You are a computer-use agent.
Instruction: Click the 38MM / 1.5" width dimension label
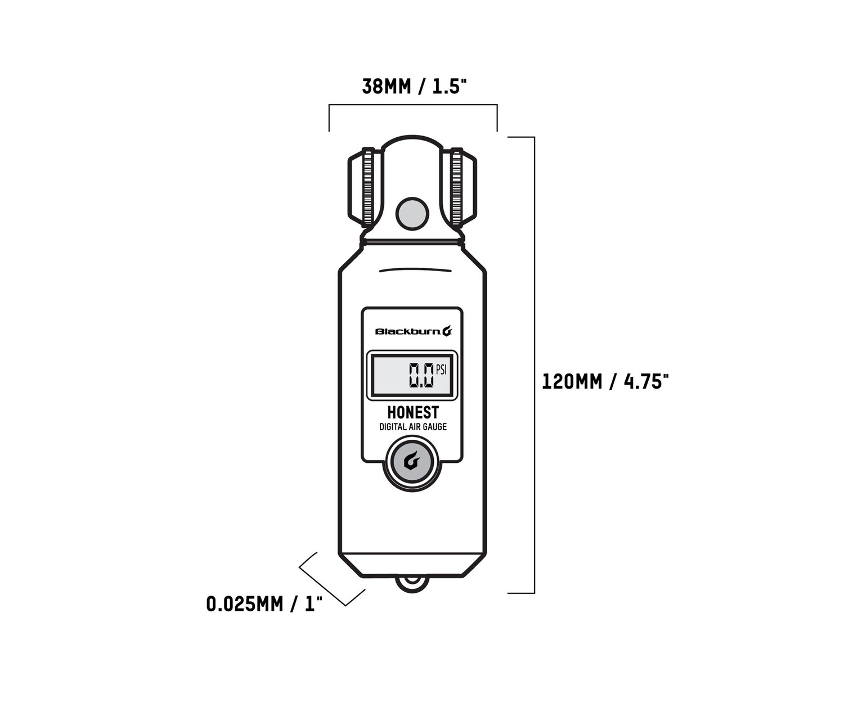pos(414,87)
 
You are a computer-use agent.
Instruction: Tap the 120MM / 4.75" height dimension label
pos(605,381)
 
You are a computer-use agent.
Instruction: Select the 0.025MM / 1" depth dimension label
pos(264,604)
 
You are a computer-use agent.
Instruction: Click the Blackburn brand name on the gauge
pos(408,332)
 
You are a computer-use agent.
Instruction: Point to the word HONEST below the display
pos(412,413)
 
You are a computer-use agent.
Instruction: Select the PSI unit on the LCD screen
pos(441,369)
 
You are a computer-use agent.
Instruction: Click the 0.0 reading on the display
pos(421,375)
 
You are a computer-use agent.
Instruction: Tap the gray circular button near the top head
pos(412,214)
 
